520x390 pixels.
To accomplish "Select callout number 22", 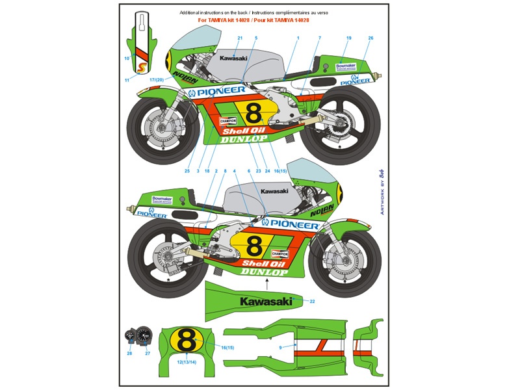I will (312, 302).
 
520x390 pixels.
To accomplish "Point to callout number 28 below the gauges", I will (129, 353).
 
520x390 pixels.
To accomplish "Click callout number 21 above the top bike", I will (240, 38).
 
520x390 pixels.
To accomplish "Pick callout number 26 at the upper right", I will (370, 38).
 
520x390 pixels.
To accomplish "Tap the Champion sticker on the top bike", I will (228, 121).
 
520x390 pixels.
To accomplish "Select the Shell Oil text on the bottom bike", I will (264, 264).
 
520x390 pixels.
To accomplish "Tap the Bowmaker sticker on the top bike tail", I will (346, 66).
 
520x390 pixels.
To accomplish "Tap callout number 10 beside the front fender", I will (127, 58).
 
